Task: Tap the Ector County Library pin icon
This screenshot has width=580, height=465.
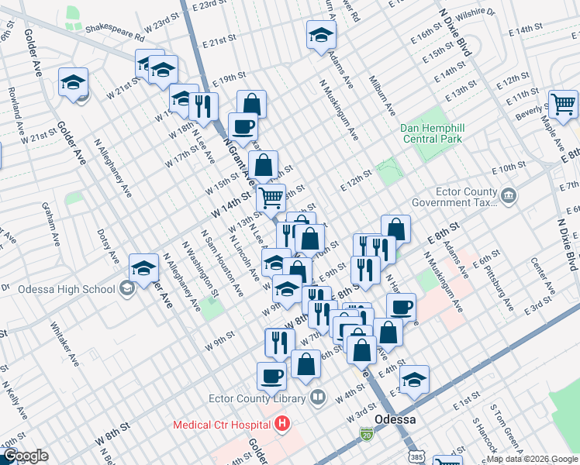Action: click(317, 398)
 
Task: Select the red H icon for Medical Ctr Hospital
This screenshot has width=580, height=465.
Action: click(282, 424)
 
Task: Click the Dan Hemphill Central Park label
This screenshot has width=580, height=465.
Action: click(431, 133)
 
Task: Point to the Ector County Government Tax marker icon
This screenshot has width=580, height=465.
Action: click(509, 195)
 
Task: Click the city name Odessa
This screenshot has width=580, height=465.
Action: click(396, 419)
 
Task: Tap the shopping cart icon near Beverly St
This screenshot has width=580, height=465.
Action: click(563, 103)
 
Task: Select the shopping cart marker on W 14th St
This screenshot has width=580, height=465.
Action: click(271, 198)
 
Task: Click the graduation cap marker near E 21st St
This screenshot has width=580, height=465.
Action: click(320, 36)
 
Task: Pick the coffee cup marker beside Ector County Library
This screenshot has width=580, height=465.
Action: click(271, 376)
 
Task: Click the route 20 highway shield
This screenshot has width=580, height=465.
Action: click(365, 436)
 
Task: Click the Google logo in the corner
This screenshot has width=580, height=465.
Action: click(26, 456)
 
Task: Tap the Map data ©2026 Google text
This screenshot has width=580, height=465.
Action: click(532, 459)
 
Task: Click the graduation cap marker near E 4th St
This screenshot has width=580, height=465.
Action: click(415, 380)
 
